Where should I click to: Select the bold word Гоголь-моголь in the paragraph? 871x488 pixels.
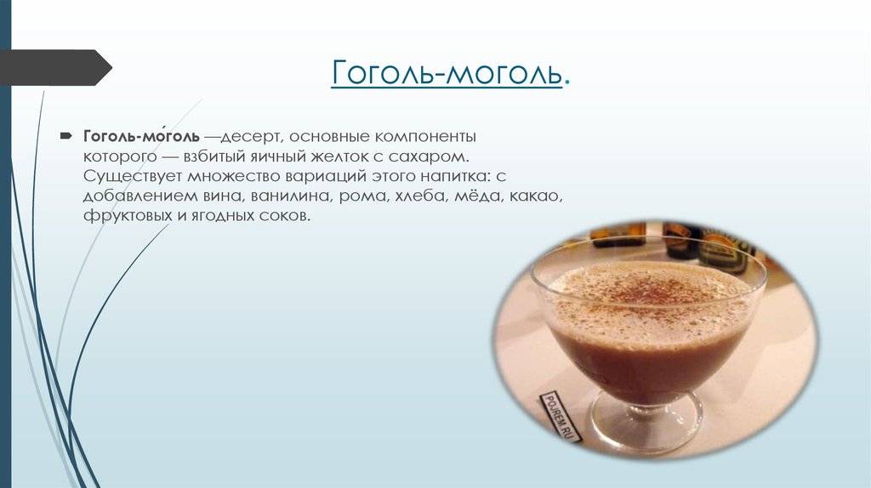[141, 137]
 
